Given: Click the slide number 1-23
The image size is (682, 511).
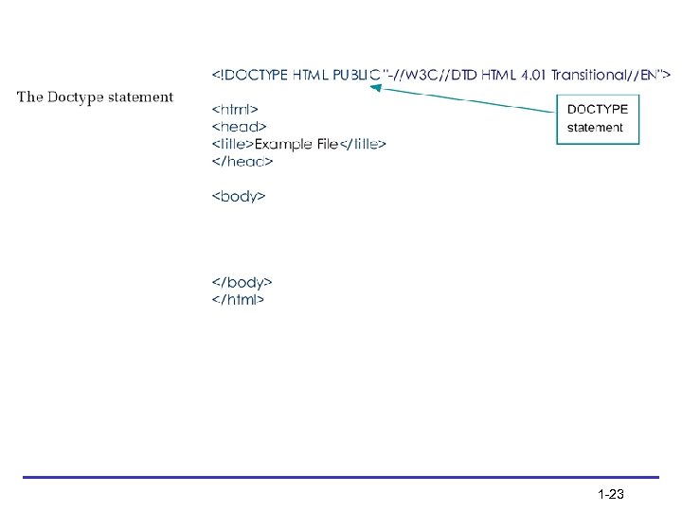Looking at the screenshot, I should [610, 494].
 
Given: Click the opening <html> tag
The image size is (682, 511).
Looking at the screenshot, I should [235, 109].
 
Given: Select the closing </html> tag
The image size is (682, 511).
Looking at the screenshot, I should [238, 300].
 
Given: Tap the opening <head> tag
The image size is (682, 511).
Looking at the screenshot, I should [239, 126].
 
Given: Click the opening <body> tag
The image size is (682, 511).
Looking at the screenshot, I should [238, 197].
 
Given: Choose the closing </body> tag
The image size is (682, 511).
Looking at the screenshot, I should [242, 282].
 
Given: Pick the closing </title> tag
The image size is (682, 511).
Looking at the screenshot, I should [363, 144].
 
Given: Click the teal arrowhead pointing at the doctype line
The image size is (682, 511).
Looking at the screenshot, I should [375, 88].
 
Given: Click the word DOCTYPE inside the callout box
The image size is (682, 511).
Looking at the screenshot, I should [597, 110].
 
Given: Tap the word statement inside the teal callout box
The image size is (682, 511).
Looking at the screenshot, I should [595, 127].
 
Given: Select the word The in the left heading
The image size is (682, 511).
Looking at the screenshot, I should [29, 96].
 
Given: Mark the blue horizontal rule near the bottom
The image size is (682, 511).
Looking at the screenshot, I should [341, 477].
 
